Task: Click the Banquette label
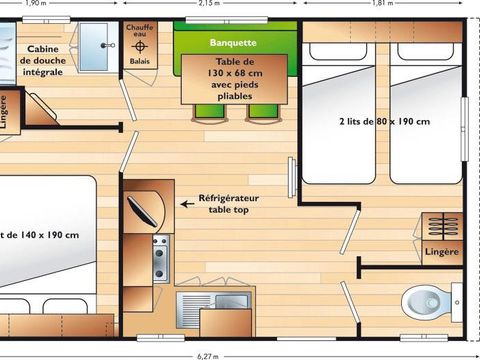point(234,43)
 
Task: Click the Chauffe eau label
point(139,31)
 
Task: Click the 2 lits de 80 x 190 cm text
point(384,122)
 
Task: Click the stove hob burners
point(159,259)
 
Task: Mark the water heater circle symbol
point(139,46)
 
